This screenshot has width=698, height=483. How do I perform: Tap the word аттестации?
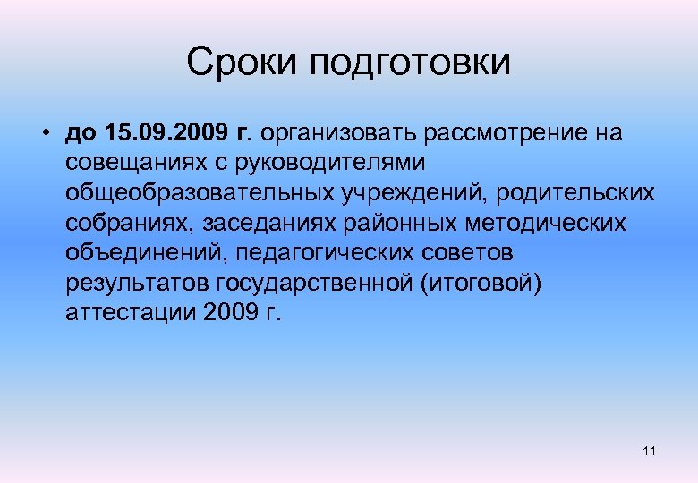tap(131, 313)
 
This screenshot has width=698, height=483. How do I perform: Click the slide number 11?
tap(649, 451)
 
